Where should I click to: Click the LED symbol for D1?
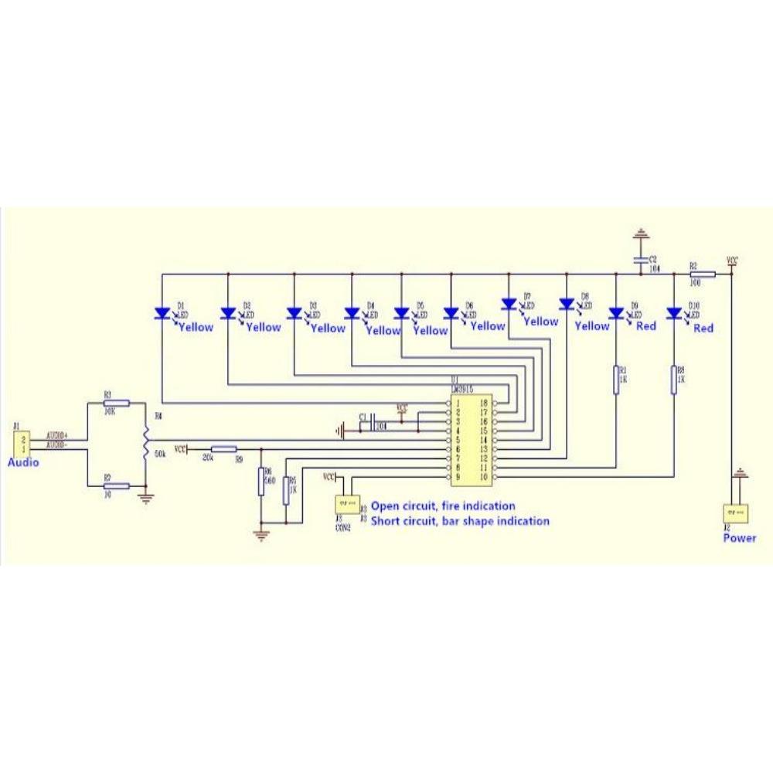click(x=162, y=313)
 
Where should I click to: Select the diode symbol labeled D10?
click(x=674, y=313)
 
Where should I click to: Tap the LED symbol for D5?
click(x=401, y=313)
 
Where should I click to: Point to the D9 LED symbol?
click(x=616, y=313)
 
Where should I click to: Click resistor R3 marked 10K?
click(x=116, y=403)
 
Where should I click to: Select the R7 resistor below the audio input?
click(x=116, y=485)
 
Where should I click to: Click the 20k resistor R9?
click(x=224, y=448)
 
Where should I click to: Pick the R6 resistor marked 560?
click(x=261, y=481)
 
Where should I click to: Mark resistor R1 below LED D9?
click(x=616, y=380)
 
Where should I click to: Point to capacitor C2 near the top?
click(x=640, y=261)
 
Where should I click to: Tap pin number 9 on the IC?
click(x=458, y=478)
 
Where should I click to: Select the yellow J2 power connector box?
click(x=734, y=513)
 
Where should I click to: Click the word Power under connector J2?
click(x=740, y=538)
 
